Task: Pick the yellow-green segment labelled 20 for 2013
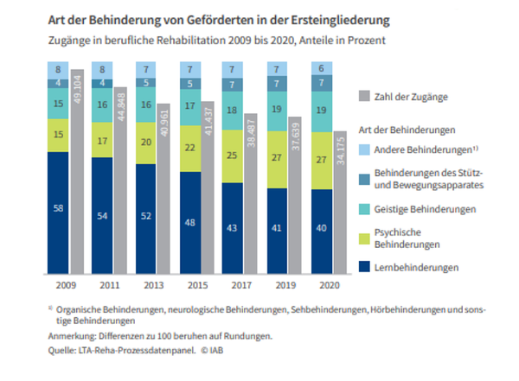click(145, 142)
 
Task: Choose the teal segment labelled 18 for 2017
click(232, 111)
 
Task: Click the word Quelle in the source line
click(61, 352)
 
